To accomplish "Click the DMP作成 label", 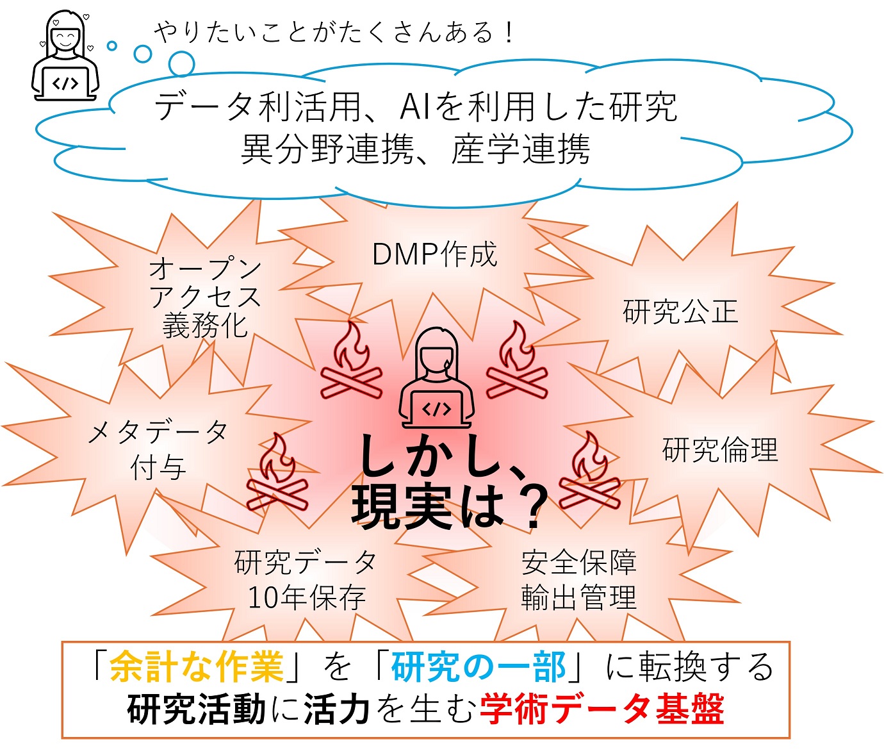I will point(434,255).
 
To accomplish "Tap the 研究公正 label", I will point(680,312).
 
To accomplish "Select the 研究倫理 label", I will point(720,450).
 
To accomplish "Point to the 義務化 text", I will point(205,326).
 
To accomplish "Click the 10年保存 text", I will point(306,598).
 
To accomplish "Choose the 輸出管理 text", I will point(578,598).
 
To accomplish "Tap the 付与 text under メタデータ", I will point(158,467).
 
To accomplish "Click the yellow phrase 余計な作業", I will point(197,667).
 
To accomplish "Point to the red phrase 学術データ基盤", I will point(602,709).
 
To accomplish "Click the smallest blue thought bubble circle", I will point(112,46).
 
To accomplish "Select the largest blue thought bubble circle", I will point(181,63).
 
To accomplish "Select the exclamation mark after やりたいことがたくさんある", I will point(509,33).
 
